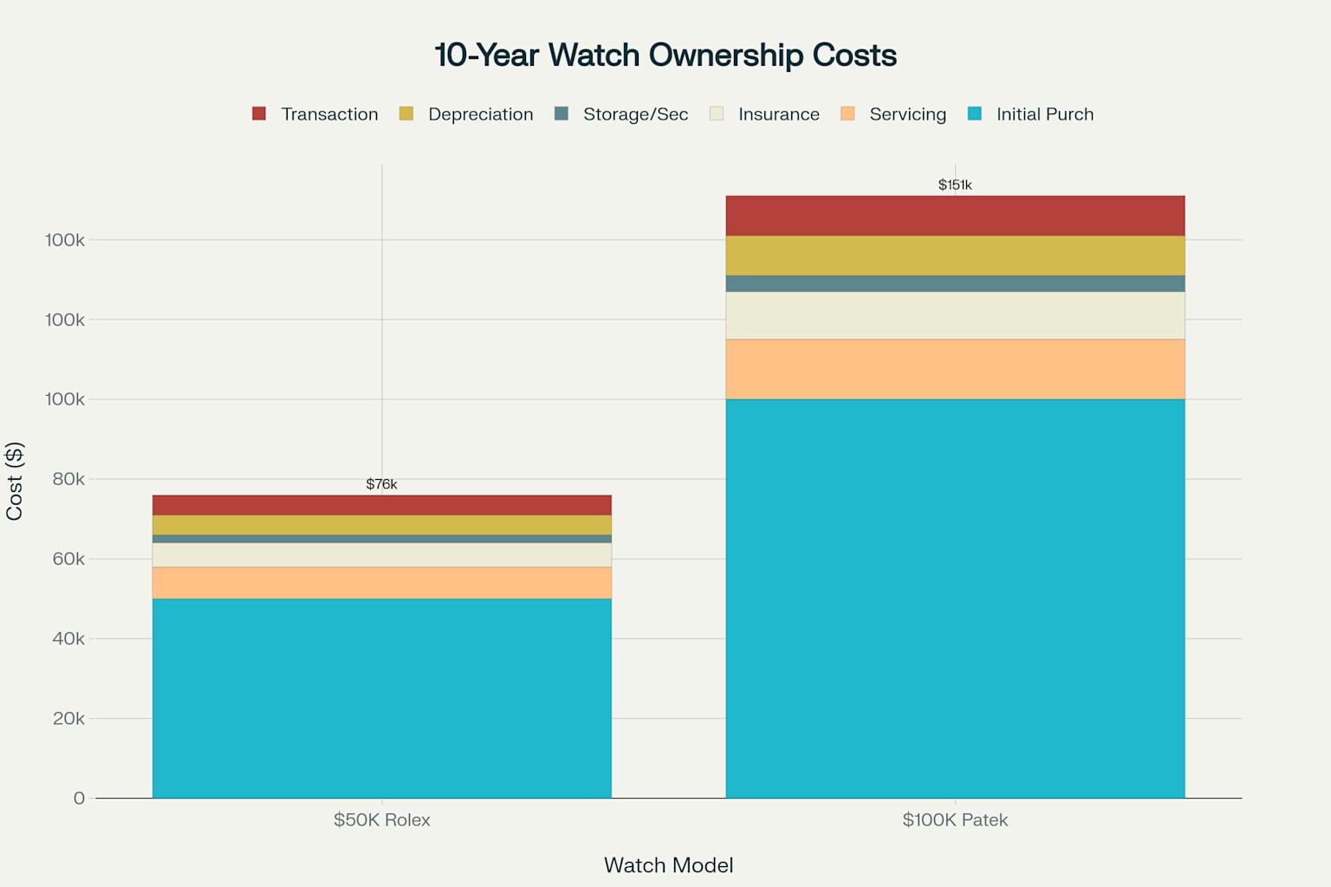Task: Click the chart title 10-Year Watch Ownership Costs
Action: click(x=665, y=55)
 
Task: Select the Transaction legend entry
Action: click(x=315, y=114)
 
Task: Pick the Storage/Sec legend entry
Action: click(x=621, y=114)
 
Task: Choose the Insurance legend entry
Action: click(x=764, y=114)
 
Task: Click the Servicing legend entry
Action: click(x=893, y=114)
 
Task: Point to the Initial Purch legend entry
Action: click(x=1030, y=114)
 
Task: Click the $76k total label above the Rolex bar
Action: click(x=381, y=484)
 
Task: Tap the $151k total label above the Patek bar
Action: click(x=955, y=185)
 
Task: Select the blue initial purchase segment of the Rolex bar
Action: click(x=381, y=697)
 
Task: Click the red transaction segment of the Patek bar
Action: click(x=955, y=216)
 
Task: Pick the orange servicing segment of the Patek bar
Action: click(x=955, y=369)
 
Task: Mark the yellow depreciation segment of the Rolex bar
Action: click(x=381, y=525)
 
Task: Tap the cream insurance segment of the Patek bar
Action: click(x=955, y=315)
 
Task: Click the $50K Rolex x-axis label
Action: click(x=381, y=820)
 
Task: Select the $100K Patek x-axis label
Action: click(x=955, y=820)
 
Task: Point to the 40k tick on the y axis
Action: click(x=68, y=638)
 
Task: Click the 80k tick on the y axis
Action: click(x=68, y=479)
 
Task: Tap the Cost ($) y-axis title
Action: click(x=14, y=482)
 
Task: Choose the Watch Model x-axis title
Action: click(x=668, y=865)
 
